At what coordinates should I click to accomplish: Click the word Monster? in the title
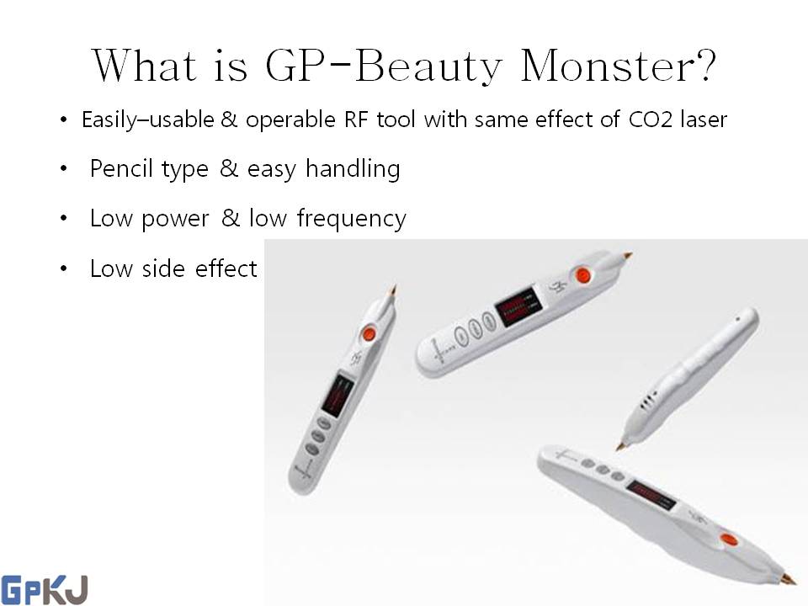(x=619, y=66)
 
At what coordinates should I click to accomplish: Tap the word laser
(x=704, y=120)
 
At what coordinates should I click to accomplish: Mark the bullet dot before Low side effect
(x=64, y=269)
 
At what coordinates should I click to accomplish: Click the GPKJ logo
(x=44, y=589)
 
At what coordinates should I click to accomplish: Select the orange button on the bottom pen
(x=727, y=540)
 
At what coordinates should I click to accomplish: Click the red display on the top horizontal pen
(x=514, y=311)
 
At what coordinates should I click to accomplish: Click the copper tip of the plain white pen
(x=621, y=444)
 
